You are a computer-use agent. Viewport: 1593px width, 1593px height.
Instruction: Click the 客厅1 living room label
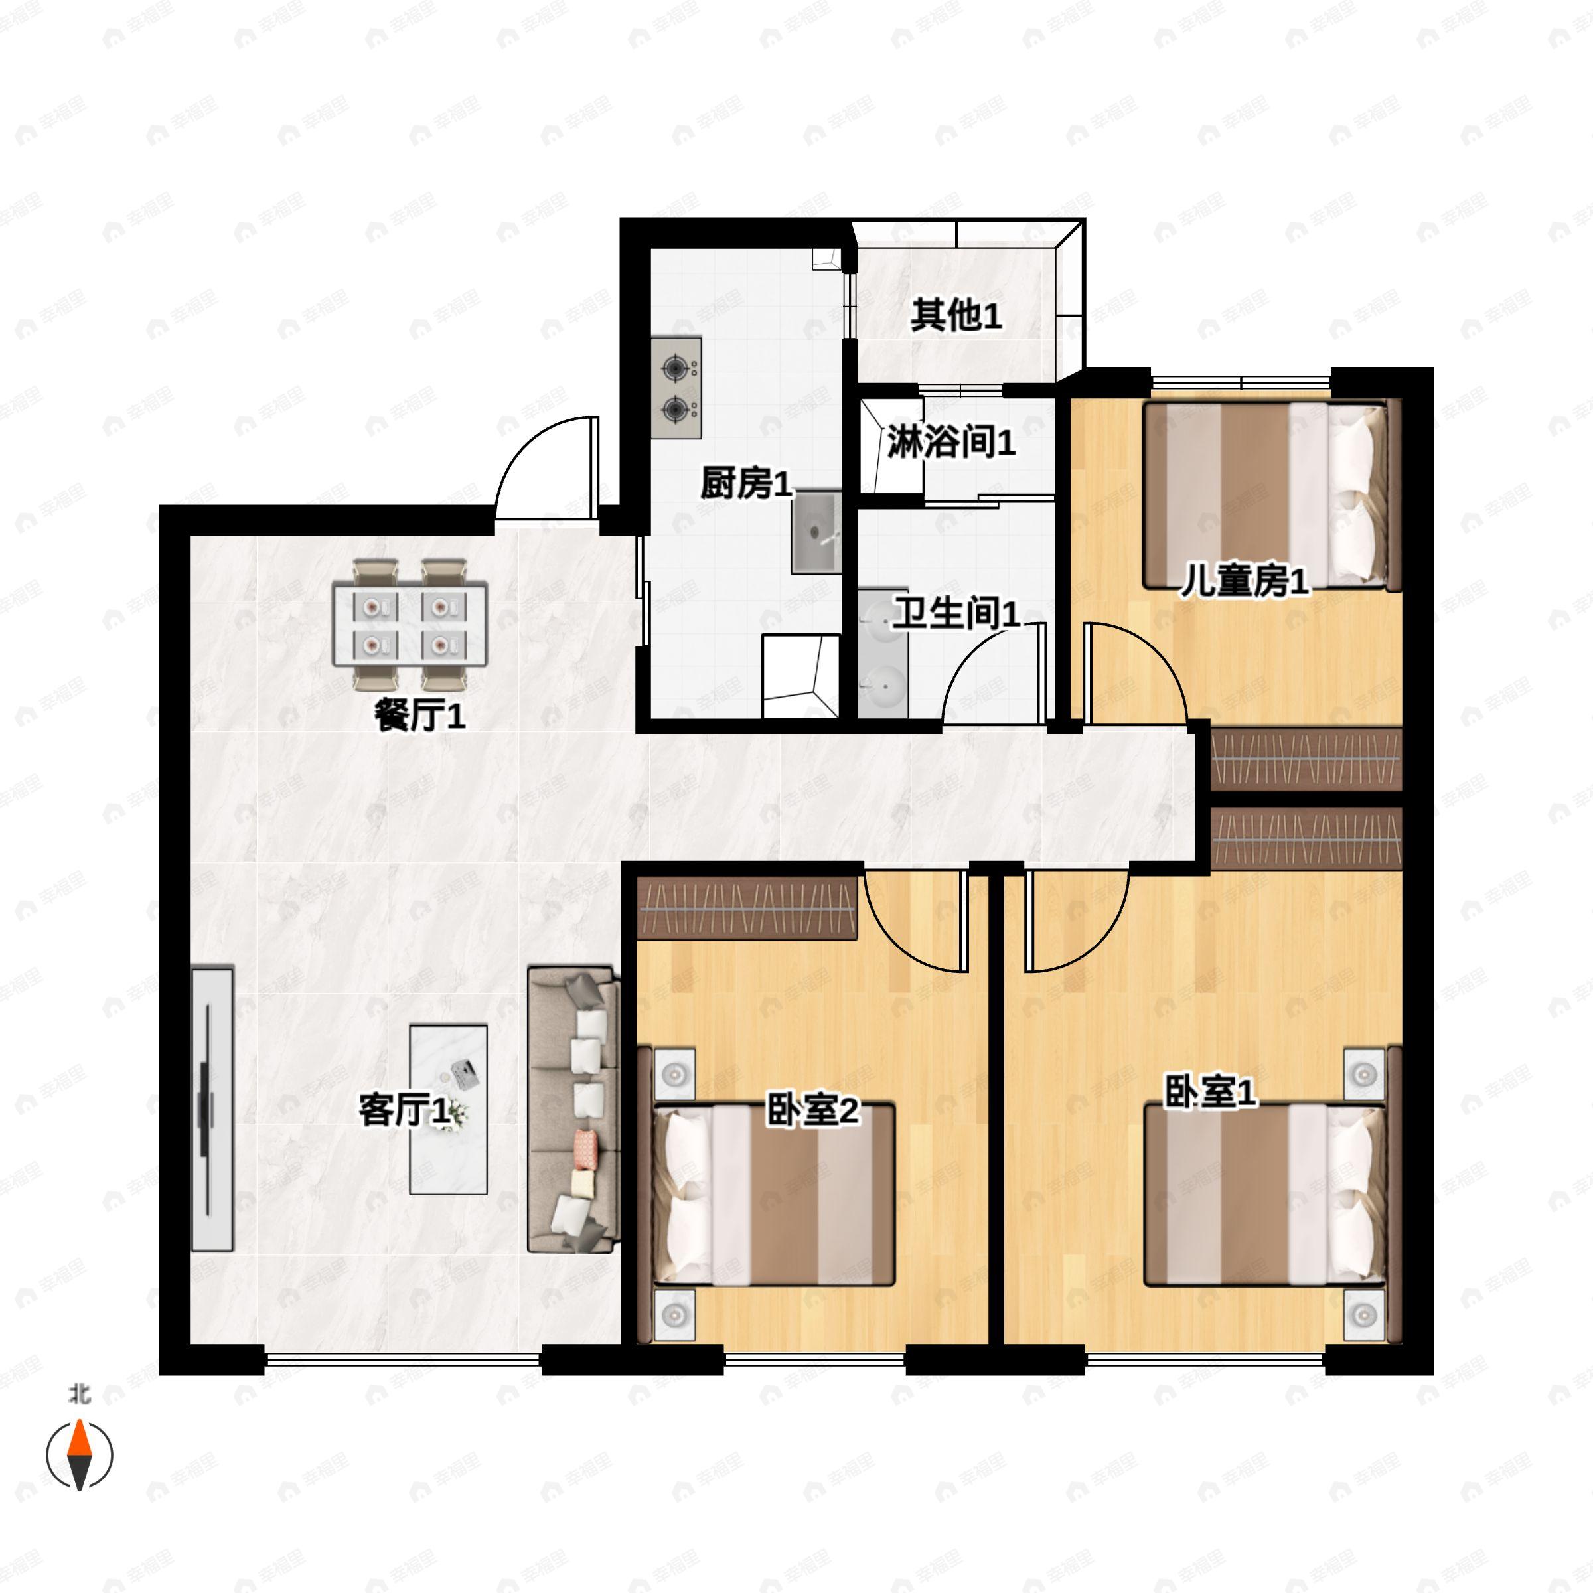pos(404,1110)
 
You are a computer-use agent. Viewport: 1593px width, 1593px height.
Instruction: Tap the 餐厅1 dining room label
pos(419,714)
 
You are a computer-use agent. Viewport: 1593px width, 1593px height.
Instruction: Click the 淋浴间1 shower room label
pos(950,443)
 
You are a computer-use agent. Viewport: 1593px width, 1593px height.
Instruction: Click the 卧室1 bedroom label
pos(1209,1092)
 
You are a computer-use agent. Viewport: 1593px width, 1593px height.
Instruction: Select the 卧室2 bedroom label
pos(812,1109)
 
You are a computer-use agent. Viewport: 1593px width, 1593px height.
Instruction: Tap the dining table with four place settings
pos(410,623)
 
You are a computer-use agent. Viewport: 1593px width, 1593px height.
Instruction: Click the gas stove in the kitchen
pos(676,388)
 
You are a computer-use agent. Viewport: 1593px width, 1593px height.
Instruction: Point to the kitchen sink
pos(817,532)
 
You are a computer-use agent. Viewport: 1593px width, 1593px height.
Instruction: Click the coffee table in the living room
pos(449,1110)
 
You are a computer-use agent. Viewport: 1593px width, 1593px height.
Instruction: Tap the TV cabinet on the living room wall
pos(212,1109)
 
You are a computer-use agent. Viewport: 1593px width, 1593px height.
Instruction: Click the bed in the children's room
pos(1272,496)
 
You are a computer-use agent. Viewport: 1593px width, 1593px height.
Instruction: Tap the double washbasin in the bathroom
pos(883,653)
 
